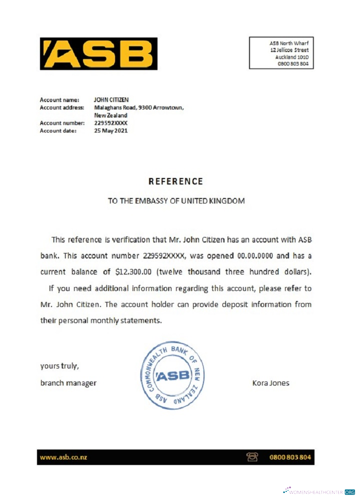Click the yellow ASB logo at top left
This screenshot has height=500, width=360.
pyautogui.click(x=98, y=53)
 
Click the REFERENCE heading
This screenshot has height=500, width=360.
pyautogui.click(x=175, y=181)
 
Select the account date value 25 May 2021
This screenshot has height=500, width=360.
pyautogui.click(x=110, y=131)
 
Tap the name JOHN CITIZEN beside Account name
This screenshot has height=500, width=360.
pyautogui.click(x=111, y=100)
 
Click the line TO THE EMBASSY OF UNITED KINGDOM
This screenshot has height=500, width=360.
pyautogui.click(x=176, y=201)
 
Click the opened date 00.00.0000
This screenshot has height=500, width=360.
pyautogui.click(x=255, y=256)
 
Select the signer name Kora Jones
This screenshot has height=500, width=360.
pyautogui.click(x=270, y=383)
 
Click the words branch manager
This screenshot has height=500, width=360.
pyautogui.click(x=68, y=383)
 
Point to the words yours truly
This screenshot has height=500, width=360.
pyautogui.click(x=59, y=366)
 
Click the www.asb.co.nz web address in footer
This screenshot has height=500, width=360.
pyautogui.click(x=63, y=457)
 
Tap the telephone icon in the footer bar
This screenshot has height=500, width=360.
pyautogui.click(x=252, y=457)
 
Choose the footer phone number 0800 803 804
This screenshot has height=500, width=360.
pyautogui.click(x=290, y=457)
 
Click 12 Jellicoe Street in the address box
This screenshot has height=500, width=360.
pyautogui.click(x=289, y=50)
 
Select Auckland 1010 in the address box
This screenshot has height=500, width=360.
pyautogui.click(x=291, y=57)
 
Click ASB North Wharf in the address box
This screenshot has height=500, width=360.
pyautogui.click(x=288, y=43)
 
